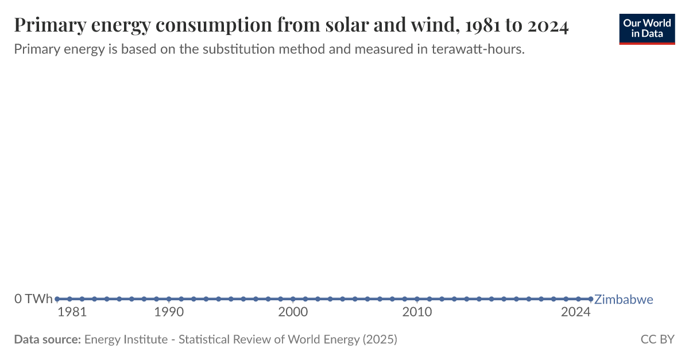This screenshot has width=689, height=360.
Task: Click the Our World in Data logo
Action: tap(647, 28)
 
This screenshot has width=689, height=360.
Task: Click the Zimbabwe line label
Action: tap(624, 299)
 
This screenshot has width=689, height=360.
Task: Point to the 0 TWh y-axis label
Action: tap(33, 299)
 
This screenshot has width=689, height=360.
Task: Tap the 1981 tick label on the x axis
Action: tap(72, 312)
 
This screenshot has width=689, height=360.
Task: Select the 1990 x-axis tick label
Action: tap(169, 312)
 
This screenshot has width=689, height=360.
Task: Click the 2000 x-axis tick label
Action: tap(293, 312)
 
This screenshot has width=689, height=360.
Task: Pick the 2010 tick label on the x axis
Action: tap(417, 312)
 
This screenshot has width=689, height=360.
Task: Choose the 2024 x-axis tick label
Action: tap(576, 312)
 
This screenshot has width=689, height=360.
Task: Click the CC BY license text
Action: tap(657, 339)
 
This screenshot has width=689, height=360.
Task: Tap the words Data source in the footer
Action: tap(47, 339)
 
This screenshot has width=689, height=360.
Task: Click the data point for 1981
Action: tap(57, 299)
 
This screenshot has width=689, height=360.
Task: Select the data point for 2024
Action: tap(590, 299)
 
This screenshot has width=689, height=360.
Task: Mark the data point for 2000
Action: tap(293, 299)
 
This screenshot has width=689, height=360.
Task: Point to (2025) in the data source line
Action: tap(379, 339)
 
